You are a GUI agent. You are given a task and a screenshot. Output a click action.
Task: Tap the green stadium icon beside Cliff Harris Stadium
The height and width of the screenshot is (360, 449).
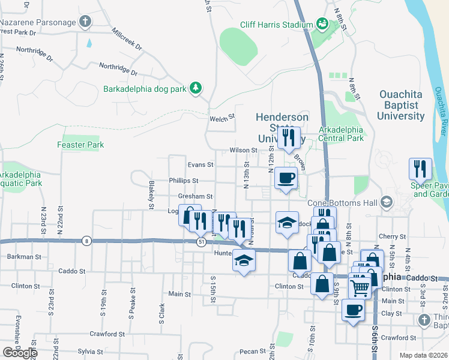click(322, 24)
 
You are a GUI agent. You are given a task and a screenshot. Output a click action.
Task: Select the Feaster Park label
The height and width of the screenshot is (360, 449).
click(80, 145)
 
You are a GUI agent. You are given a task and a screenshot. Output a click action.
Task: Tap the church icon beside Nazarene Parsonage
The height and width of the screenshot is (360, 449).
click(85, 22)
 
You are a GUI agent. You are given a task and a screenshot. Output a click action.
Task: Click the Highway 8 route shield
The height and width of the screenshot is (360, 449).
click(87, 241)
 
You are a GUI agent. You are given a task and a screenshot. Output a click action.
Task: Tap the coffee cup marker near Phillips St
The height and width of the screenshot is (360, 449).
click(285, 178)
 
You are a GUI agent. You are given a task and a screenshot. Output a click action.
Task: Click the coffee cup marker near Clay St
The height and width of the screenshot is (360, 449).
click(352, 310)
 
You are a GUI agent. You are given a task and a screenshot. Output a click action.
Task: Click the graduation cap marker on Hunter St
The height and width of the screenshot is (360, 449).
click(243, 261)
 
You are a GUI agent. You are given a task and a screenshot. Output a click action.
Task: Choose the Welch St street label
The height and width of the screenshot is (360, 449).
click(221, 119)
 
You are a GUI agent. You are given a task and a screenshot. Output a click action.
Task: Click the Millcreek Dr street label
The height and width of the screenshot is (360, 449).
click(126, 37)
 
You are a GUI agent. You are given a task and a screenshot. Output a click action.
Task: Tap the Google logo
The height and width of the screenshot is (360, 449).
click(19, 353)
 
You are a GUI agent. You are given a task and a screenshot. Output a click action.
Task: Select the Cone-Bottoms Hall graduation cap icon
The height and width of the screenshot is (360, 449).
click(385, 202)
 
